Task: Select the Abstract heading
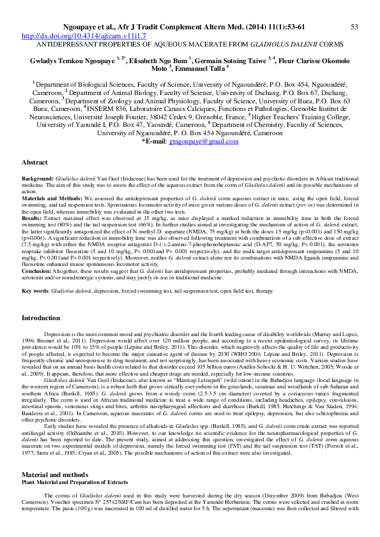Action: click(x=34, y=163)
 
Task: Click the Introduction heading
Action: click(x=41, y=318)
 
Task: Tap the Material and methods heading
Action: click(x=55, y=475)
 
